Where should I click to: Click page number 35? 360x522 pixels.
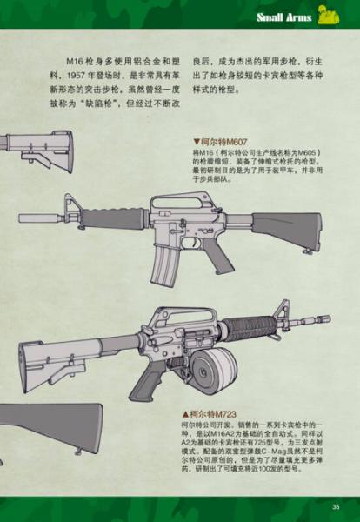click(335, 507)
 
